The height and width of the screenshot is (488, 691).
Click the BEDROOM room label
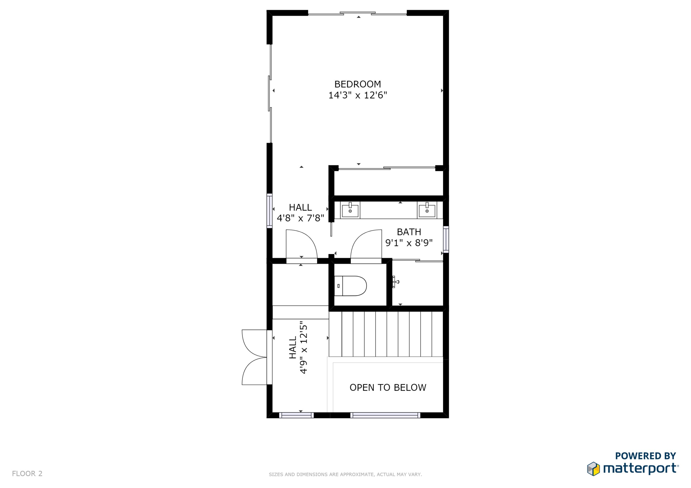tap(357, 84)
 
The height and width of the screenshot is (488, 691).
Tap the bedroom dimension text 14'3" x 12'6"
tap(357, 95)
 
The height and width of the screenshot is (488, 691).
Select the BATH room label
tap(409, 232)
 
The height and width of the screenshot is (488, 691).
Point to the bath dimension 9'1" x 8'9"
tap(409, 243)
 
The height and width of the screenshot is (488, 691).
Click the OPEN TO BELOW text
tap(388, 388)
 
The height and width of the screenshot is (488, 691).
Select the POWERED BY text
tap(645, 456)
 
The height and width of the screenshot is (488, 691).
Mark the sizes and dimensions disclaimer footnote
tap(345, 474)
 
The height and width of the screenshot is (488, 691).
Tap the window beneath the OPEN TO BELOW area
tap(385, 415)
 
